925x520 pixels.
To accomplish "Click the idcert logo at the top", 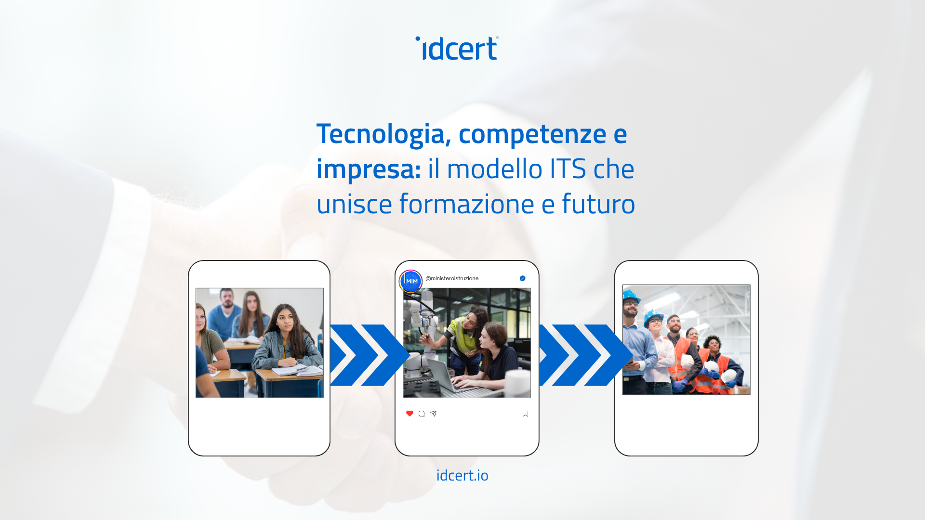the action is (457, 48).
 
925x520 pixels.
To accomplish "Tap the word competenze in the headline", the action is (532, 134).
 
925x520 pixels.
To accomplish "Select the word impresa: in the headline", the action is (369, 169).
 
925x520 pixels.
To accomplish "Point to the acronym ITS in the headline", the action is (568, 169).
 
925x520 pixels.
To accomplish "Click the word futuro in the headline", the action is (598, 204).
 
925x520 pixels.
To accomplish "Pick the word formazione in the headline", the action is (467, 204).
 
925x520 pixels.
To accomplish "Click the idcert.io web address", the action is (462, 475).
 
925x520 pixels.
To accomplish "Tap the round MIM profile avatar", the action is (411, 281).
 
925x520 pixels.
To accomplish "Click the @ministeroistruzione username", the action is (452, 278).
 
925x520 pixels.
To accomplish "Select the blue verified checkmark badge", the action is (523, 278).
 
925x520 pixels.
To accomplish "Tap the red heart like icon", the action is (410, 414).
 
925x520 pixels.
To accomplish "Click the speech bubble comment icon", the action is (422, 414).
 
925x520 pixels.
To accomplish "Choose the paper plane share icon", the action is (434, 414).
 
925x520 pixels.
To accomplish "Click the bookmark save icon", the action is (525, 414).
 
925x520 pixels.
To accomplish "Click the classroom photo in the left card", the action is (260, 343).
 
